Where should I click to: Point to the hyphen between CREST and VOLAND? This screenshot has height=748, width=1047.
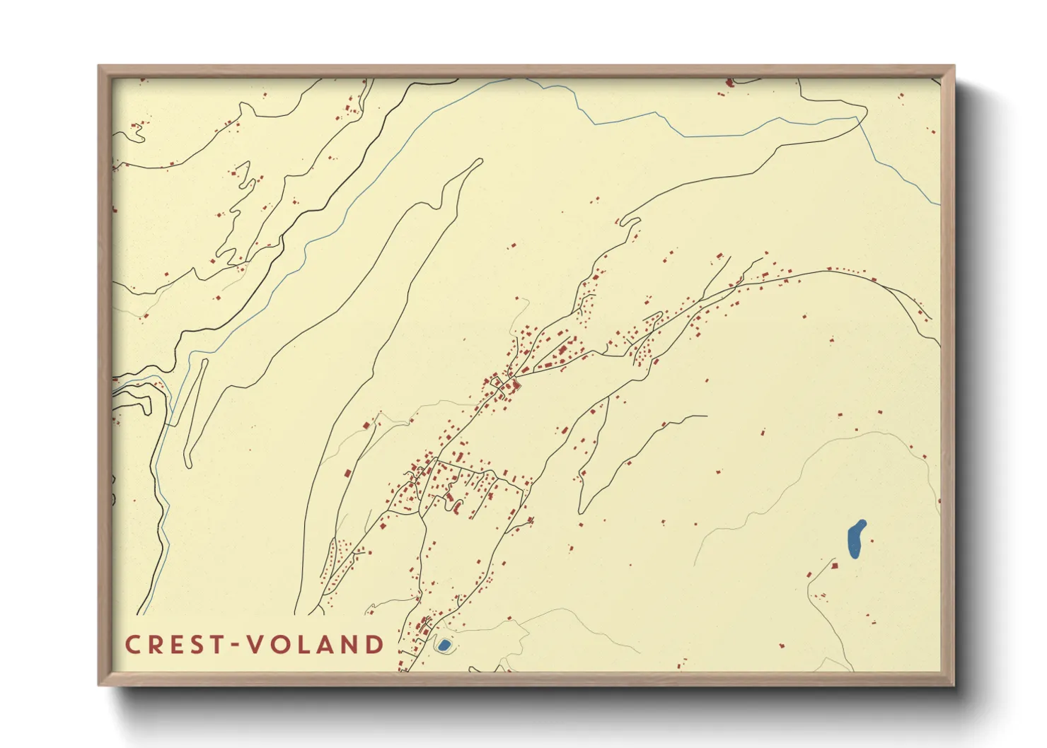pyautogui.click(x=235, y=645)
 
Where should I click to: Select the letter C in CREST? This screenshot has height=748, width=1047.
pyautogui.click(x=132, y=644)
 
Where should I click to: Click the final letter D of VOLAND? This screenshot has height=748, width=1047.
pyautogui.click(x=374, y=644)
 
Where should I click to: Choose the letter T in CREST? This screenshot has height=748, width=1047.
pyautogui.click(x=213, y=644)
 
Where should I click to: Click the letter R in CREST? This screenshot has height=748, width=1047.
pyautogui.click(x=153, y=644)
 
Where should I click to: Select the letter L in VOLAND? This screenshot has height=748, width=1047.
pyautogui.click(x=301, y=644)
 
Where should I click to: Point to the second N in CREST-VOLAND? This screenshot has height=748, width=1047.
pyautogui.click(x=348, y=644)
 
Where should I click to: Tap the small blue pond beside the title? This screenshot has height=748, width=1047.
pyautogui.click(x=444, y=645)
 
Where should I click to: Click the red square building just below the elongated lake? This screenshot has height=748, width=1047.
pyautogui.click(x=835, y=566)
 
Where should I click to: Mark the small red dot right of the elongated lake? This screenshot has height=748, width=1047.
pyautogui.click(x=873, y=541)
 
